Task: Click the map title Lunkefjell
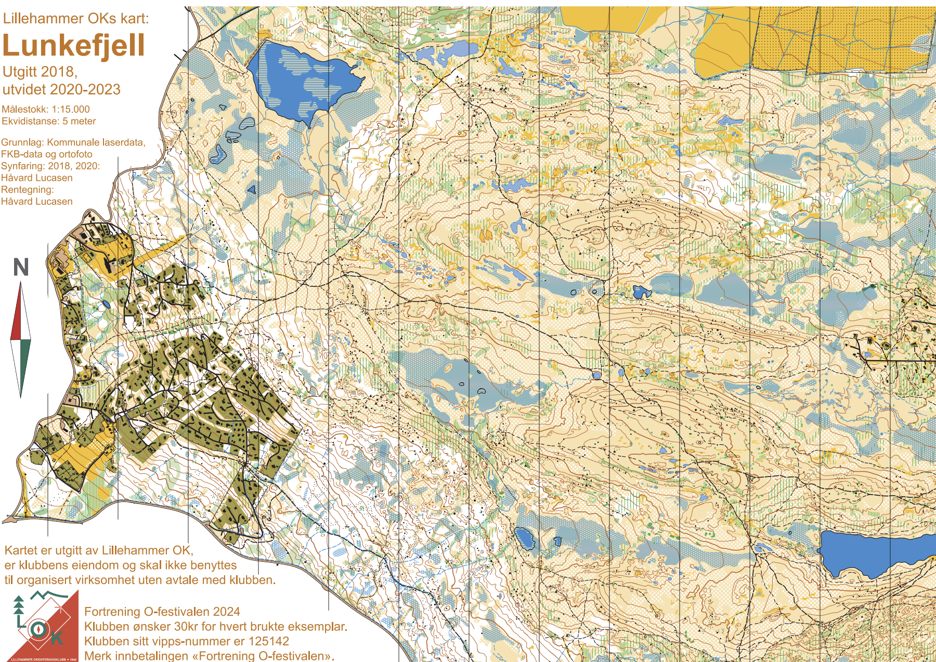73,46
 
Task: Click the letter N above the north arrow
21,268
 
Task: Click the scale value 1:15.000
70,109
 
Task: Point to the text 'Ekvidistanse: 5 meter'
48,121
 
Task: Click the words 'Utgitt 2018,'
40,72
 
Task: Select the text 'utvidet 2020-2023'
61,89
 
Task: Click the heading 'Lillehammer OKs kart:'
76,19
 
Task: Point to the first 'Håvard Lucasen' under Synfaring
36,178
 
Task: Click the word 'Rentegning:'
27,190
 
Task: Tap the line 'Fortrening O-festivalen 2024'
162,612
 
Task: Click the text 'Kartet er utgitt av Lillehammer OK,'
99,550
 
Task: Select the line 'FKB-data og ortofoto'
46,154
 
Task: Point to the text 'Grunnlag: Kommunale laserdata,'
73,142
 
